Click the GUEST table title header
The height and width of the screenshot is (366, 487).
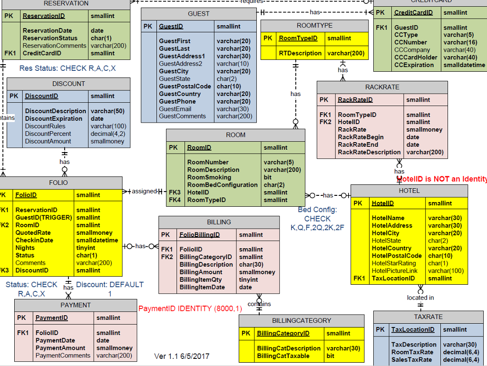click(x=199, y=14)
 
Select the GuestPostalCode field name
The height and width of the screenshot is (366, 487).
click(x=185, y=86)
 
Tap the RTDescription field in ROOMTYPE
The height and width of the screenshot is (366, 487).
click(x=300, y=53)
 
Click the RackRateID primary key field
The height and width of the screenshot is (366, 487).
click(x=355, y=100)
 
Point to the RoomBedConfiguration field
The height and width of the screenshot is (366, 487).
click(x=222, y=185)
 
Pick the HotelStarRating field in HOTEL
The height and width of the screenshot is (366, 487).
click(x=393, y=263)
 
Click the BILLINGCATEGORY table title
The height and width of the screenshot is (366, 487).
click(x=302, y=320)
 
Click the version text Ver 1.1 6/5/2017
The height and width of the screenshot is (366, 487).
click(x=182, y=356)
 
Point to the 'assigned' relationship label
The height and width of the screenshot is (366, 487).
click(x=144, y=191)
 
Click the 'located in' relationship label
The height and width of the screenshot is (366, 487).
click(x=420, y=298)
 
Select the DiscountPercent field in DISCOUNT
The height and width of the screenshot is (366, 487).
click(x=48, y=134)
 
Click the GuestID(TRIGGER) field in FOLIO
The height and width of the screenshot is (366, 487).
click(x=43, y=218)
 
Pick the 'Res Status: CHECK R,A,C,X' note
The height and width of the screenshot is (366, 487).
click(x=68, y=68)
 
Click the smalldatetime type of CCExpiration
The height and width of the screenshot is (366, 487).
click(x=464, y=65)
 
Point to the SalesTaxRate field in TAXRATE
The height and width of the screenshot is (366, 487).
click(x=412, y=359)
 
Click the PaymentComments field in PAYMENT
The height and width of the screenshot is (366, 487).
click(x=63, y=356)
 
